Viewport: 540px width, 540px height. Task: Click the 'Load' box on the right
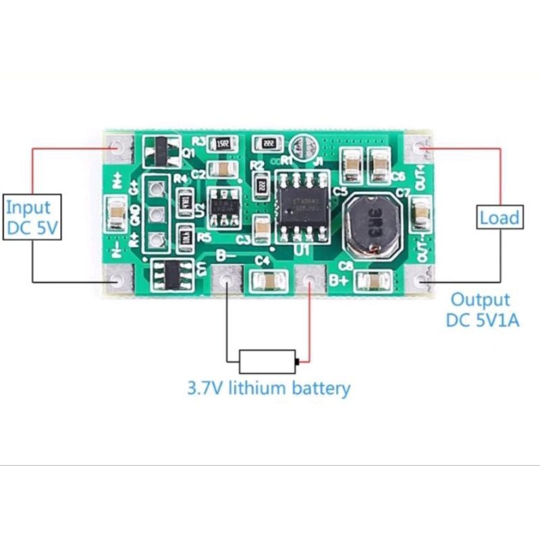tap(500, 217)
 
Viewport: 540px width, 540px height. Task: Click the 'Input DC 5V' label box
tap(33, 217)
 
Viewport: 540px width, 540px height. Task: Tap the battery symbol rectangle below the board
tap(268, 362)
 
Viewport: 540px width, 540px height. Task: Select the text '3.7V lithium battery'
tap(269, 388)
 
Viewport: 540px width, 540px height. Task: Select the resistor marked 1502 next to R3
tap(222, 144)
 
